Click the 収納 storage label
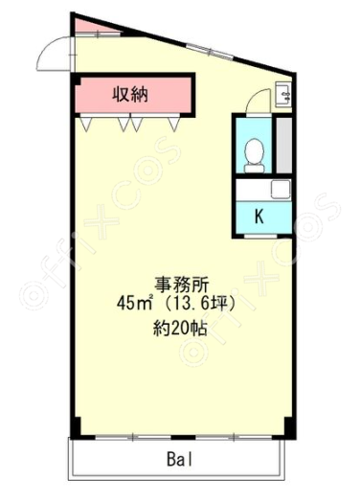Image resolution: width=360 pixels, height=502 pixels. [130, 94]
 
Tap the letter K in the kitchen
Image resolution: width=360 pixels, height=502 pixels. [259, 217]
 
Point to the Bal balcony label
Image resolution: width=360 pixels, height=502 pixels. [179, 460]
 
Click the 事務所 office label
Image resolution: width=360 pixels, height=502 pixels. [182, 285]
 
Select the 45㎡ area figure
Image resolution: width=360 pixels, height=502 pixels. [134, 303]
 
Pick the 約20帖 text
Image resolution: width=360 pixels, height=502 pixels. [180, 328]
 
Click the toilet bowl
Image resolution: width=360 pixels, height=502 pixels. [254, 156]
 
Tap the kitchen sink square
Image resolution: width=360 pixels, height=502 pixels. [281, 190]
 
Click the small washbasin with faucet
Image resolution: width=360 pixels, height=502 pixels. [283, 94]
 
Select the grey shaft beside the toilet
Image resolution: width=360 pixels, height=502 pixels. [283, 146]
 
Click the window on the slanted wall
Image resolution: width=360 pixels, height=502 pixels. [210, 51]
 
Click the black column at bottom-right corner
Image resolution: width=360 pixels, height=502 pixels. [289, 427]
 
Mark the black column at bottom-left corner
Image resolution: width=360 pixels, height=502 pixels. [76, 428]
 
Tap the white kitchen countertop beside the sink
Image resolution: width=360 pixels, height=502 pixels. [254, 190]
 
